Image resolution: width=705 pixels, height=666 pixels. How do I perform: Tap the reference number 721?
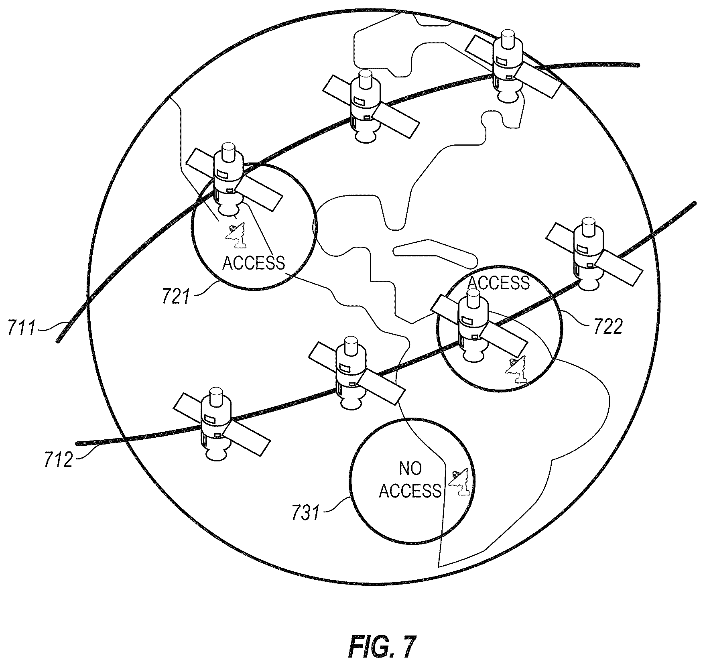[x=175, y=297]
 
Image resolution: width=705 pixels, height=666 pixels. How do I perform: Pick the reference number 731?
[x=306, y=513]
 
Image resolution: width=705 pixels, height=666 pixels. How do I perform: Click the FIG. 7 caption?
[x=380, y=646]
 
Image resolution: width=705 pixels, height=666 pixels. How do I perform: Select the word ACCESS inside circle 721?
[x=254, y=263]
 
